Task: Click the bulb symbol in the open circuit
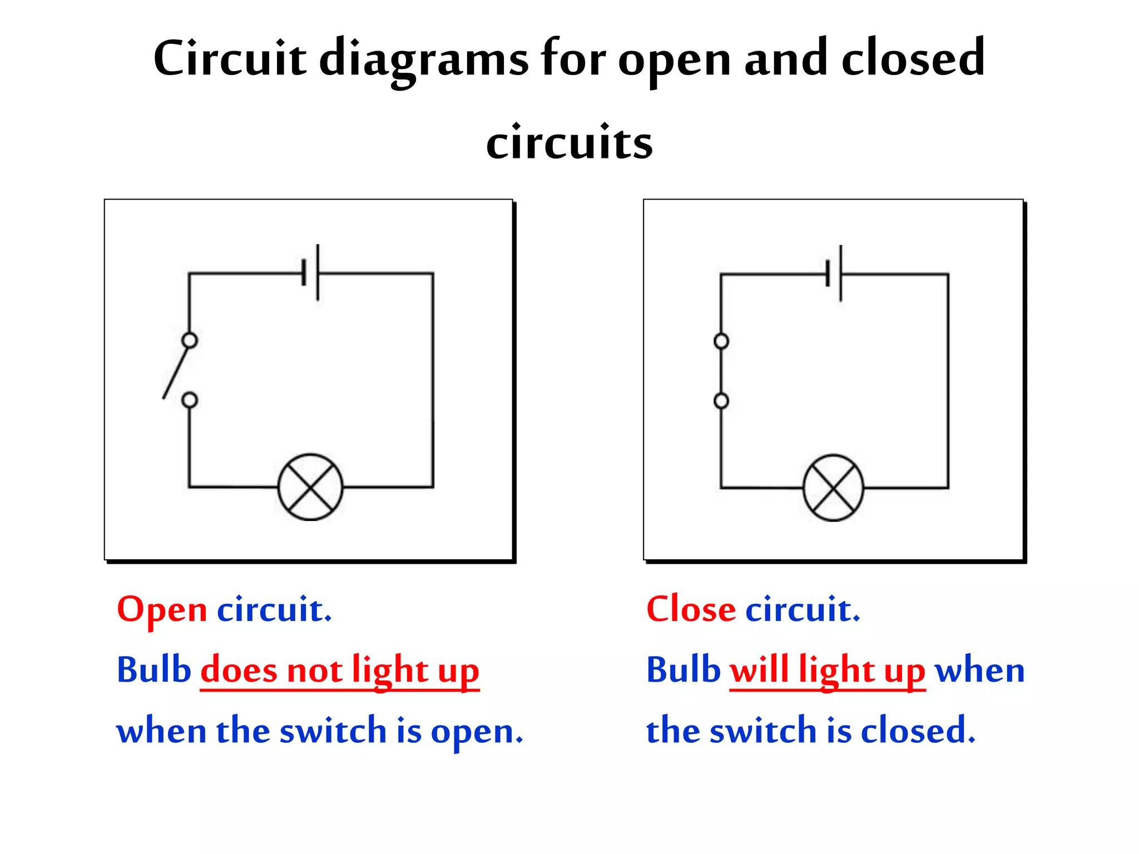[x=310, y=487]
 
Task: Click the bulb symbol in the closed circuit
[x=833, y=488]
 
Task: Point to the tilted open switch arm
[x=176, y=371]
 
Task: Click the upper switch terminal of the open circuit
[x=190, y=340]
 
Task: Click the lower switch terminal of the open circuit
[x=190, y=400]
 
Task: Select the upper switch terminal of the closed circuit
[x=721, y=341]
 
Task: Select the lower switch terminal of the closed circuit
[x=721, y=400]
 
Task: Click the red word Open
[x=162, y=610]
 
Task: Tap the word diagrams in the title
[x=424, y=60]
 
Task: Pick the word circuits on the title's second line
[x=569, y=143]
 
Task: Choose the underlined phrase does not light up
[x=339, y=670]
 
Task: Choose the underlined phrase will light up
[x=828, y=670]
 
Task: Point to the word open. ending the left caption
[x=477, y=732]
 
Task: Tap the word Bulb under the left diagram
[x=154, y=669]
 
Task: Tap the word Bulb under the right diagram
[x=684, y=669]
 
